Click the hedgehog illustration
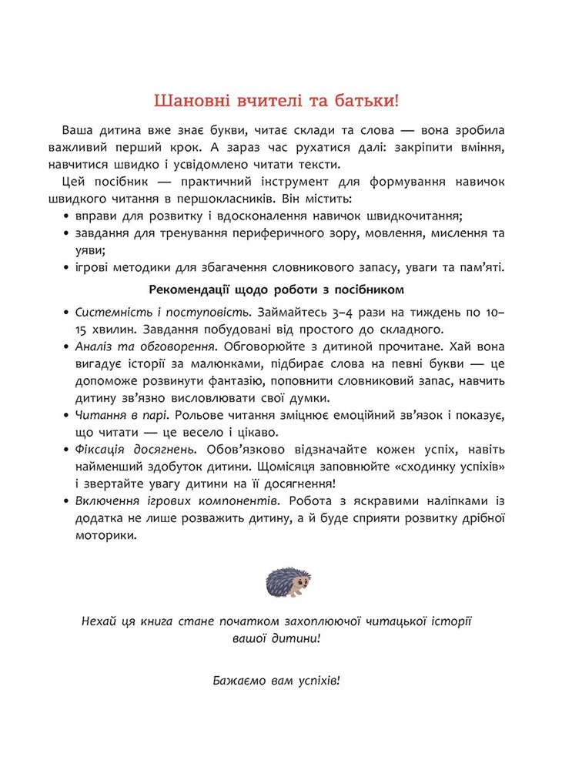pos(285,579)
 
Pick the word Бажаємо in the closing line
pos(234,681)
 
